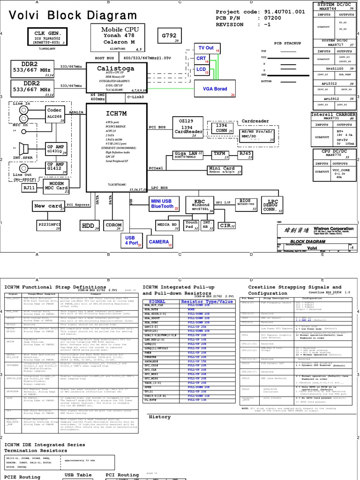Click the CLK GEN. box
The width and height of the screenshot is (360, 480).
pyautogui.click(x=48, y=36)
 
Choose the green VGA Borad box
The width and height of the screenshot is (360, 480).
pyautogui.click(x=215, y=89)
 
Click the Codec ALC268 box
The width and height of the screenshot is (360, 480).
pyautogui.click(x=54, y=113)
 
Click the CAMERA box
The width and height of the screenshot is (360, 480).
pyautogui.click(x=159, y=242)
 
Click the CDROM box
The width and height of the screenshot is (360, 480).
pyautogui.click(x=114, y=225)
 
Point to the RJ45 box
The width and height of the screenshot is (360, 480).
pyautogui.click(x=245, y=154)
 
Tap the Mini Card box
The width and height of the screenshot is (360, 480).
pyautogui.click(x=225, y=170)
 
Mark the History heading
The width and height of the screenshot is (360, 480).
pyautogui.click(x=159, y=417)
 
